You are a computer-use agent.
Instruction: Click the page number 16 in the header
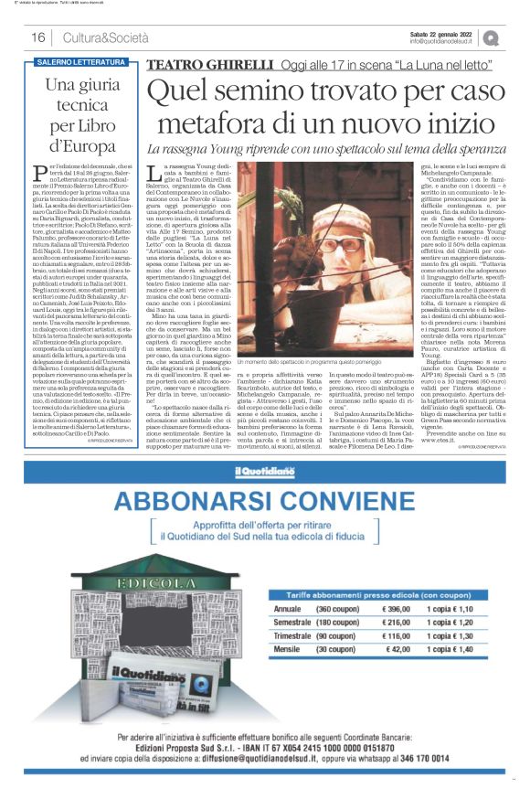38,37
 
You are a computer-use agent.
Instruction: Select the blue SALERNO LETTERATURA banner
81,62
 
